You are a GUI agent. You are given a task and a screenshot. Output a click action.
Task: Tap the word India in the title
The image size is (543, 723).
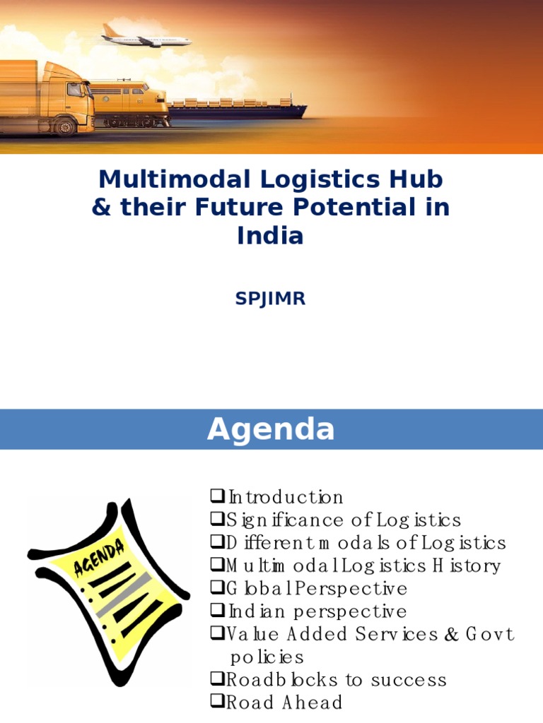pos(270,236)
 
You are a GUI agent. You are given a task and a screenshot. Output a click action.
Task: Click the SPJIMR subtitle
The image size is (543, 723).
pos(270,299)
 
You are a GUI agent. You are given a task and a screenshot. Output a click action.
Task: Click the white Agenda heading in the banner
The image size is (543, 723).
pos(270,429)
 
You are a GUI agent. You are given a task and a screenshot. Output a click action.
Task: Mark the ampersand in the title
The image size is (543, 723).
pos(101,208)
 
